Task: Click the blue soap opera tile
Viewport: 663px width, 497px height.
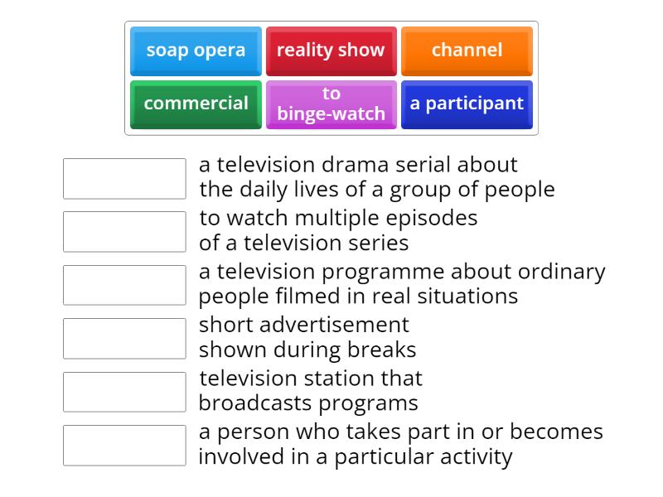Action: (x=196, y=51)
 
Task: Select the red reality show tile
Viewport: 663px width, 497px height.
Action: (x=331, y=51)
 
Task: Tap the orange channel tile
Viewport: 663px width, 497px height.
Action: (x=467, y=51)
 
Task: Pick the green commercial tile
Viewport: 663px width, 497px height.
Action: (x=196, y=104)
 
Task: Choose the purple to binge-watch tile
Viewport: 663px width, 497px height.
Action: (x=331, y=104)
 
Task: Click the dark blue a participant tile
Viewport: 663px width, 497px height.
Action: (x=467, y=104)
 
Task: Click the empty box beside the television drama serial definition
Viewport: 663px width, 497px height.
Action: (x=124, y=178)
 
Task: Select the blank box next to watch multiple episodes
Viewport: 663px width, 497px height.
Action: (x=124, y=232)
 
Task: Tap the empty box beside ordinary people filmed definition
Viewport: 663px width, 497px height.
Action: (x=124, y=285)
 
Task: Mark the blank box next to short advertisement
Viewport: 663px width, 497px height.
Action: (x=124, y=339)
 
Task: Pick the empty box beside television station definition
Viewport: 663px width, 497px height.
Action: (x=124, y=392)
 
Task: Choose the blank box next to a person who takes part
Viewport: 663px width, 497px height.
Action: (x=124, y=446)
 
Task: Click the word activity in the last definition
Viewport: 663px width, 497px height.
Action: (x=476, y=458)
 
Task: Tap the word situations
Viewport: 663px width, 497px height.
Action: (x=467, y=296)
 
